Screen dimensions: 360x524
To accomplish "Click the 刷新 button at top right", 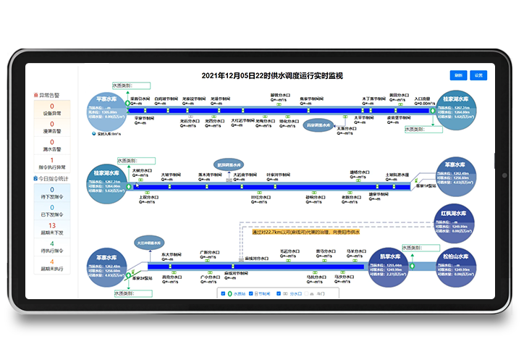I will [458, 75].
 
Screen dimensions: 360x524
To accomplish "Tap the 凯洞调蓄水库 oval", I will [228, 164].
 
